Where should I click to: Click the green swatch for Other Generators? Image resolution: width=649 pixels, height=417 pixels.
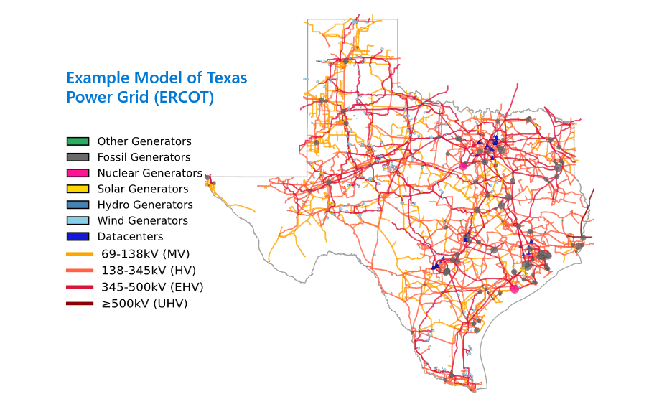pos(78,141)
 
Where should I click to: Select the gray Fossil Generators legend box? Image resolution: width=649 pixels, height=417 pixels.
pos(78,157)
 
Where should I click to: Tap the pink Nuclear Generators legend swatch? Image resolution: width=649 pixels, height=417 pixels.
pos(78,173)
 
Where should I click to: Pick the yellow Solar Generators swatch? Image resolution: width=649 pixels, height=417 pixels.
pos(78,189)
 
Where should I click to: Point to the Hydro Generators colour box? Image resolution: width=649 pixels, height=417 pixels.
pos(78,205)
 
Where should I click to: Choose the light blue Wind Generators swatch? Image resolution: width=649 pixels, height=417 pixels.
pos(78,220)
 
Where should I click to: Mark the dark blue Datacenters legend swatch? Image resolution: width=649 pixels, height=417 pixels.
pos(78,236)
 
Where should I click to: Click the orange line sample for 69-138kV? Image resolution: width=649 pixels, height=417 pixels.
pos(80,253)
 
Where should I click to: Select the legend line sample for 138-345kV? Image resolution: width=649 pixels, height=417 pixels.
pos(80,271)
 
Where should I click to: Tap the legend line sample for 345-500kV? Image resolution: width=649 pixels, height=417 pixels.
pos(80,287)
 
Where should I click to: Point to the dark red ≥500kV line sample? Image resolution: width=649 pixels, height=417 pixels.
pos(80,304)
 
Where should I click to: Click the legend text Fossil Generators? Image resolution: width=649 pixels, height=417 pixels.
pos(144,157)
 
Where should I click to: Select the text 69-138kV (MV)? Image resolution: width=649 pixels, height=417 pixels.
pos(145,253)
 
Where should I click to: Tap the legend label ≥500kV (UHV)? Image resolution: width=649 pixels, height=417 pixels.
pos(144,304)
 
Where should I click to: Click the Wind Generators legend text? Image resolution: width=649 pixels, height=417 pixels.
pos(142,220)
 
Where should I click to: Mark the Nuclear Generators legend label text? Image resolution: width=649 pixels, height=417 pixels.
pos(149,173)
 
